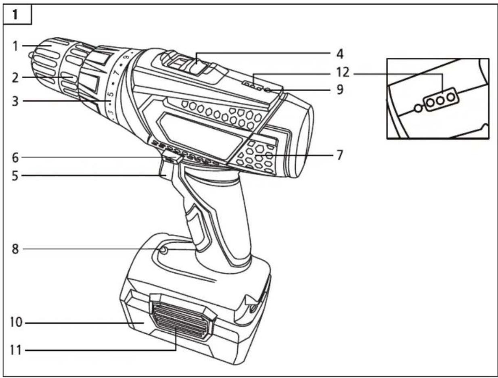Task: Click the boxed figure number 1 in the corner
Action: pyautogui.click(x=15, y=15)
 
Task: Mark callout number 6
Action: pyautogui.click(x=15, y=157)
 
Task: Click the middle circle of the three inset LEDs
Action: pyautogui.click(x=440, y=98)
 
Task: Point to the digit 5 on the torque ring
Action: pyautogui.click(x=110, y=96)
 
